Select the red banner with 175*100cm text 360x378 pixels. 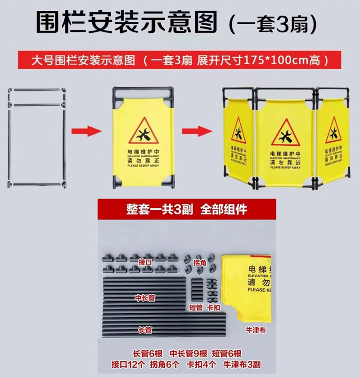tap(180, 60)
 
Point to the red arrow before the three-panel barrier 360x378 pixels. tap(197, 131)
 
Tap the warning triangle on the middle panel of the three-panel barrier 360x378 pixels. tap(285, 132)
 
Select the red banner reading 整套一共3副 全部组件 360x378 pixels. tap(186, 209)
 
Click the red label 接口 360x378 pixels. tap(145, 261)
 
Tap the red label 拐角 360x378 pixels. tap(200, 262)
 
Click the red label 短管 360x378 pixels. tap(196, 308)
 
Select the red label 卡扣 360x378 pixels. tap(213, 308)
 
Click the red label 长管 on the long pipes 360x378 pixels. tap(145, 330)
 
